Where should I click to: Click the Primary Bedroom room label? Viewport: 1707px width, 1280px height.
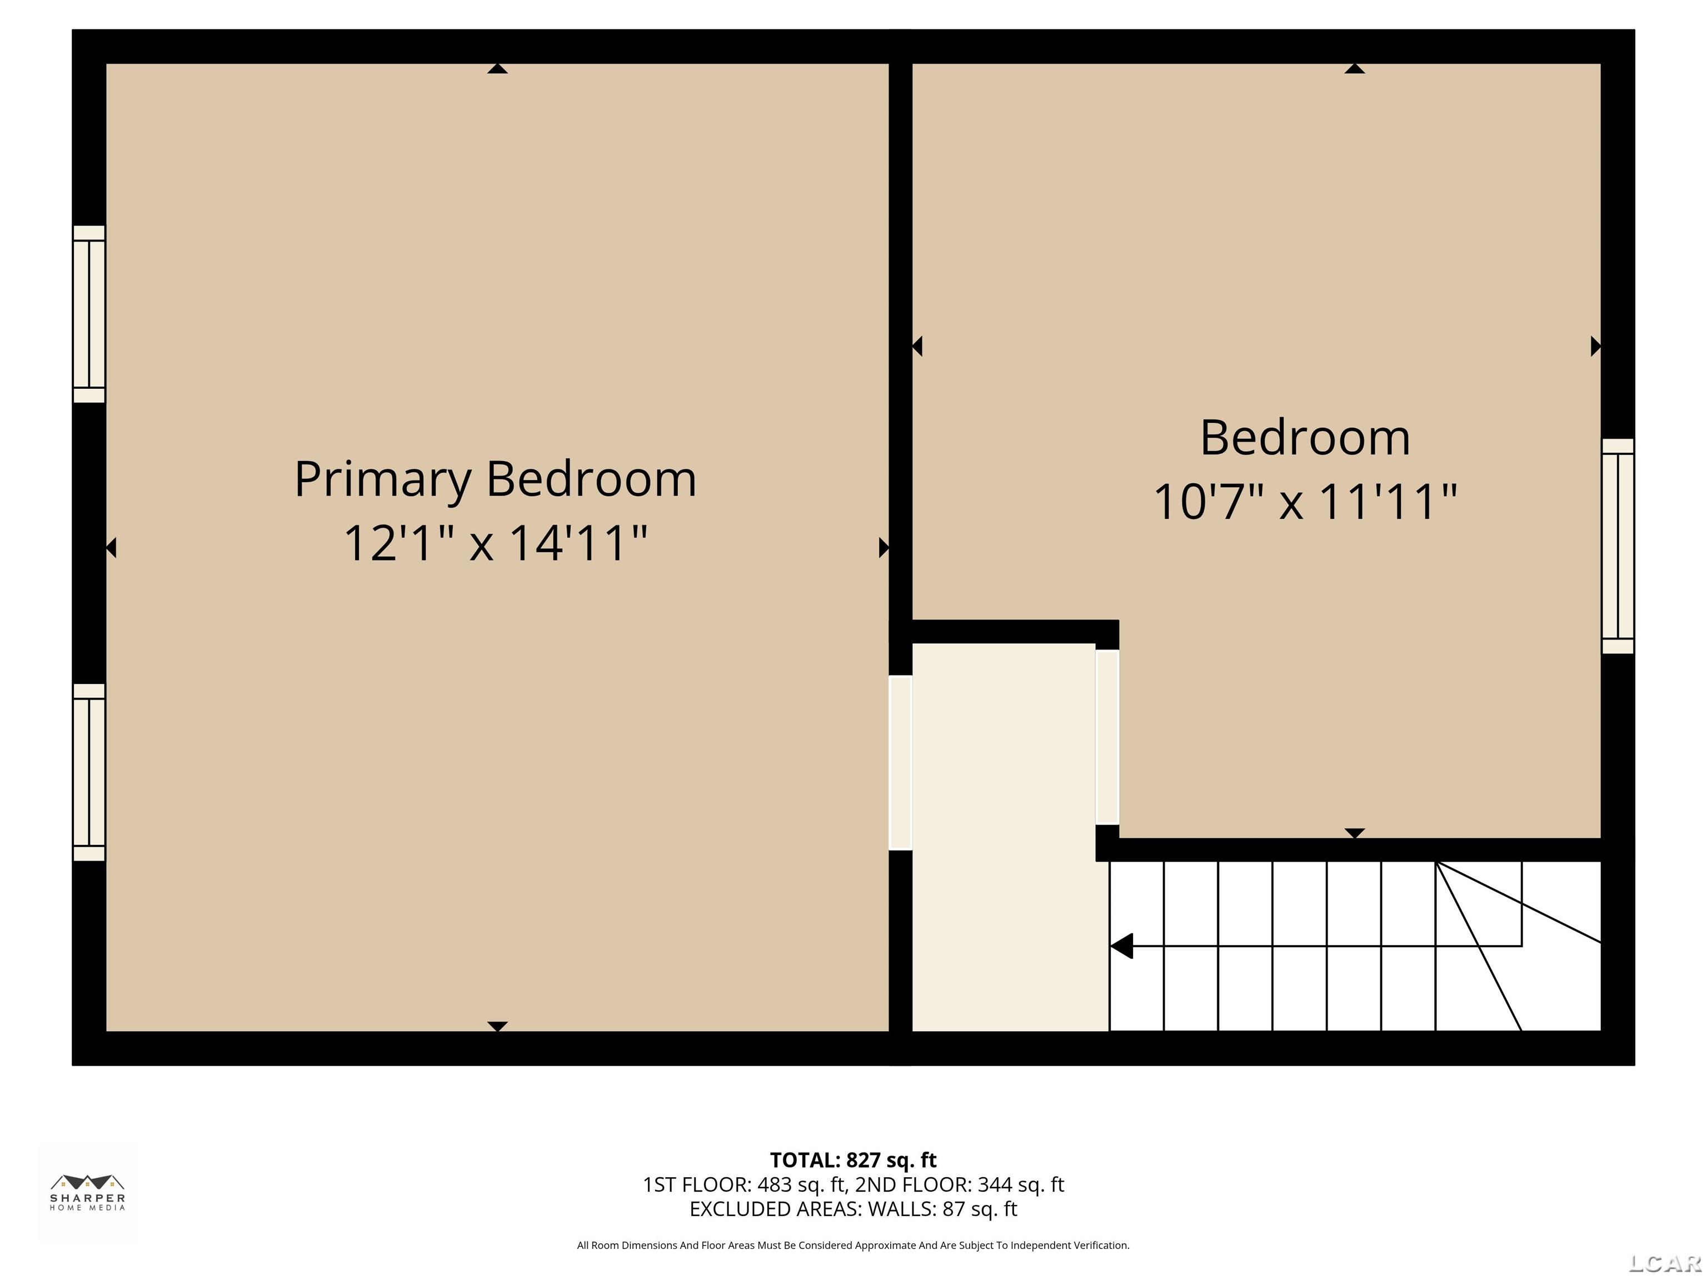click(x=496, y=480)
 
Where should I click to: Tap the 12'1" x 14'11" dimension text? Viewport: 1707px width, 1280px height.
click(x=496, y=543)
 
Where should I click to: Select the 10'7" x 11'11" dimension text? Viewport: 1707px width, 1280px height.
click(x=1305, y=502)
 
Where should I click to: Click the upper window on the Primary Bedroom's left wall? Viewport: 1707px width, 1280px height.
click(x=89, y=314)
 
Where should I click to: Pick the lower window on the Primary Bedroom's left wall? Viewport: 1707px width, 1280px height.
click(x=89, y=772)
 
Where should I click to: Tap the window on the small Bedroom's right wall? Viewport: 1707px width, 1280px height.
click(x=1618, y=546)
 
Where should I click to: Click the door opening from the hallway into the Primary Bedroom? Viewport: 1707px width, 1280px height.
click(x=901, y=762)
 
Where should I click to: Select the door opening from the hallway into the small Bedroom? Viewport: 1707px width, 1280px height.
click(x=1107, y=737)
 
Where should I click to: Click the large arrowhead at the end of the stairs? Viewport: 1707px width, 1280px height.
click(x=1122, y=946)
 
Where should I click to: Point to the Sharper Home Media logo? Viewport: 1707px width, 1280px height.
click(x=88, y=1193)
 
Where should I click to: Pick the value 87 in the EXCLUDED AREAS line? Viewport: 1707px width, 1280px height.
click(x=954, y=1209)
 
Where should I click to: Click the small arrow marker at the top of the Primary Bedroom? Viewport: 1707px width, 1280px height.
click(x=498, y=69)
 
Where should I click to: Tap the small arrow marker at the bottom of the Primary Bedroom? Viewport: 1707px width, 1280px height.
click(x=498, y=1026)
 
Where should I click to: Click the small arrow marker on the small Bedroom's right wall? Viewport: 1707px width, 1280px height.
click(x=1596, y=347)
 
